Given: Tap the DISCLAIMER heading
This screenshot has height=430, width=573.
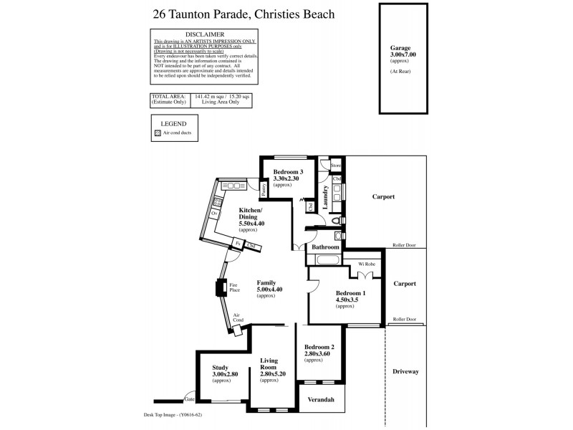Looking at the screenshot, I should pyautogui.click(x=205, y=34).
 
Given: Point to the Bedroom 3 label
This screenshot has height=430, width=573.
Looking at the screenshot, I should pyautogui.click(x=289, y=171).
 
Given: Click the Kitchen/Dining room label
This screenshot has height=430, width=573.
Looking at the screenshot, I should pyautogui.click(x=251, y=214).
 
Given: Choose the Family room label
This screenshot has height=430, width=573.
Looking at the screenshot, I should pyautogui.click(x=266, y=282).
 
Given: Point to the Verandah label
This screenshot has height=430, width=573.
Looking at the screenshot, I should pyautogui.click(x=321, y=399).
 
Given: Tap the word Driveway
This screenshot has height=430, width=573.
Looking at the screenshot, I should pyautogui.click(x=405, y=371).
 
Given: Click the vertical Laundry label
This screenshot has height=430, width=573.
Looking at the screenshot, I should pyautogui.click(x=324, y=194).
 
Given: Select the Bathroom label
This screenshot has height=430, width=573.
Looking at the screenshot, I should pyautogui.click(x=325, y=247).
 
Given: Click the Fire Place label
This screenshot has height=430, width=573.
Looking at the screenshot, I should pyautogui.click(x=233, y=287).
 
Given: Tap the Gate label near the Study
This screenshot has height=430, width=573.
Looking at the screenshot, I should pyautogui.click(x=189, y=398).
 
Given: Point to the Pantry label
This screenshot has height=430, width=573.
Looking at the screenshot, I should pyautogui.click(x=264, y=188).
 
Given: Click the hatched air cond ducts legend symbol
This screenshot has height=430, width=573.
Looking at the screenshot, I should pyautogui.click(x=158, y=133).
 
